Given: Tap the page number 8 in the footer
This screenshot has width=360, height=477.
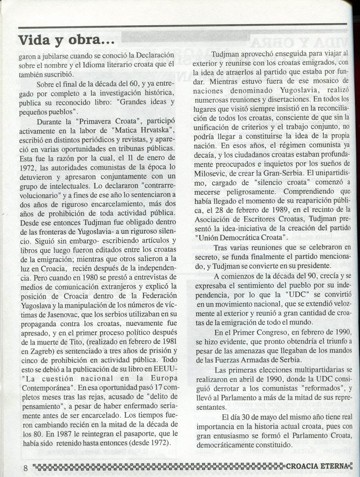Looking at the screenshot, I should tap(26, 468).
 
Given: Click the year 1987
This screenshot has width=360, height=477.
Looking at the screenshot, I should tap(64, 433).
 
